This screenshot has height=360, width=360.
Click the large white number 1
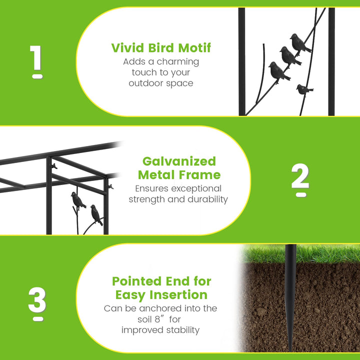[36, 57]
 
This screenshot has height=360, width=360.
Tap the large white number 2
[300, 176]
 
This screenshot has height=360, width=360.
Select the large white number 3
[37, 299]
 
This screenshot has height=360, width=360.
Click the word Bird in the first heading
[161, 48]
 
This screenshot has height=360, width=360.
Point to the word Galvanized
[179, 161]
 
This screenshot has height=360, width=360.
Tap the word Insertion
[178, 295]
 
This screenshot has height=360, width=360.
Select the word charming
[177, 62]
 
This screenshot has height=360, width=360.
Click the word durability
[207, 199]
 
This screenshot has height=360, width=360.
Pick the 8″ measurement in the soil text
[160, 319]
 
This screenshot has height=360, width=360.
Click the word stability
[183, 330]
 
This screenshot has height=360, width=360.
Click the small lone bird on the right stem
[304, 89]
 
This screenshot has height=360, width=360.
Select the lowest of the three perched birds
[278, 71]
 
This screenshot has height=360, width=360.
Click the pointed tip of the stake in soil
[290, 351]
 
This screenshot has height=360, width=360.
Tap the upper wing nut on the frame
[54, 166]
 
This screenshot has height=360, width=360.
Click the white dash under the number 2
[301, 194]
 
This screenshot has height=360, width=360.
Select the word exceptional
[196, 188]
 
